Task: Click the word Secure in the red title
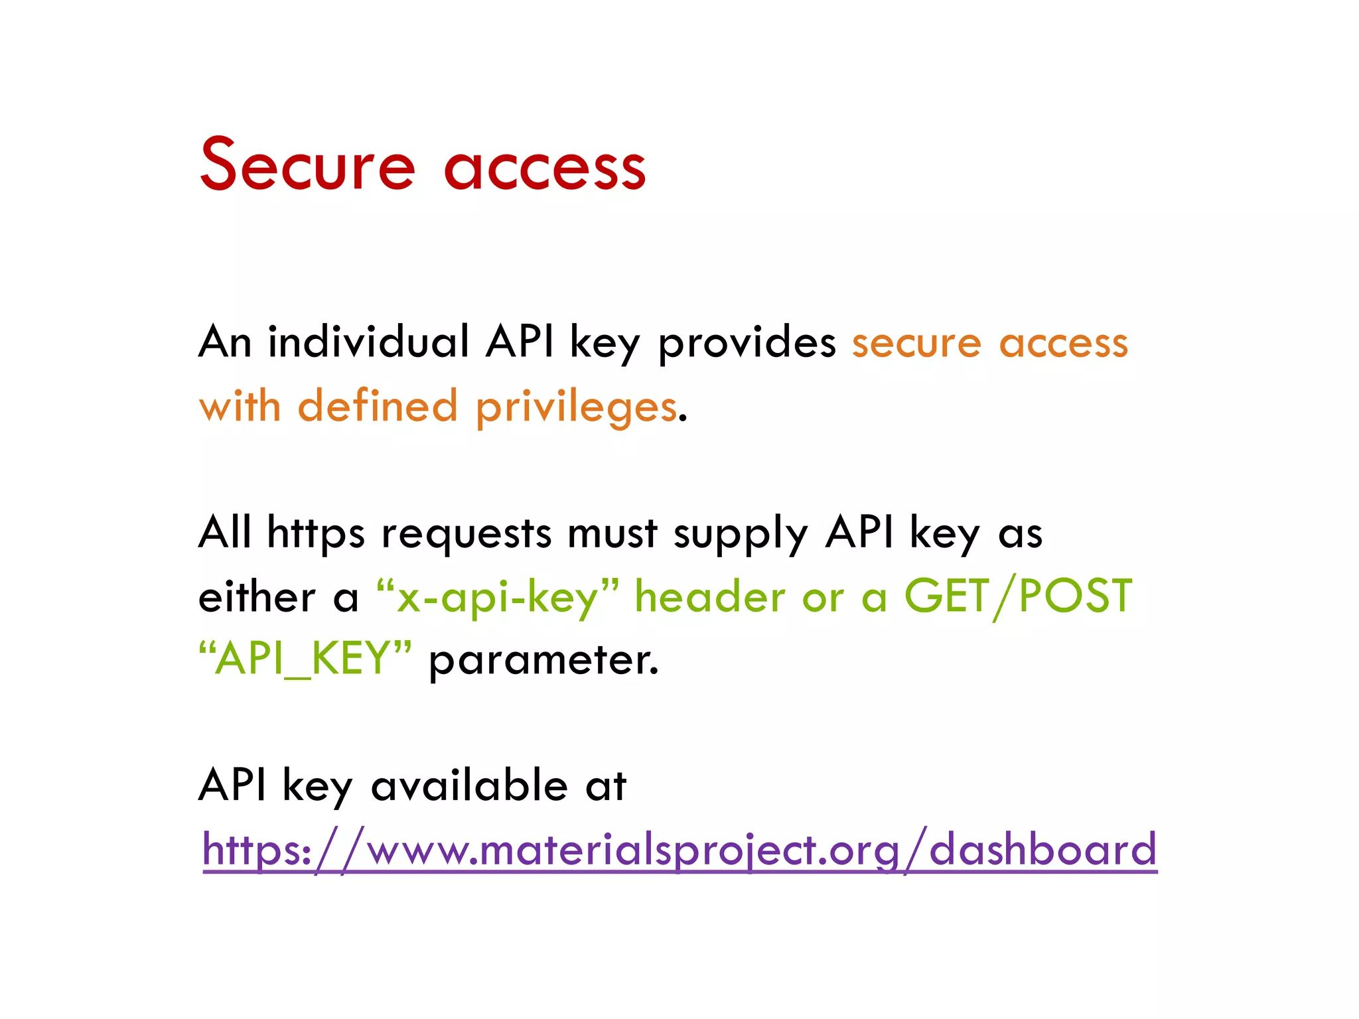tap(307, 165)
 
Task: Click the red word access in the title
tap(544, 168)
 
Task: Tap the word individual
tap(368, 342)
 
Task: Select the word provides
tap(747, 344)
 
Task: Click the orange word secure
tap(916, 344)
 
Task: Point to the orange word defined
tap(378, 406)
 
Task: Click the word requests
tap(466, 533)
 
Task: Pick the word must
tap(612, 533)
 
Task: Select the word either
tap(257, 596)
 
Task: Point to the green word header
tap(710, 596)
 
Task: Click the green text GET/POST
tap(1018, 596)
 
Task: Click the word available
tap(469, 785)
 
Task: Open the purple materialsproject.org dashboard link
tap(679, 849)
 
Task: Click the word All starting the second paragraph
tap(225, 532)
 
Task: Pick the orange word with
tap(240, 406)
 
